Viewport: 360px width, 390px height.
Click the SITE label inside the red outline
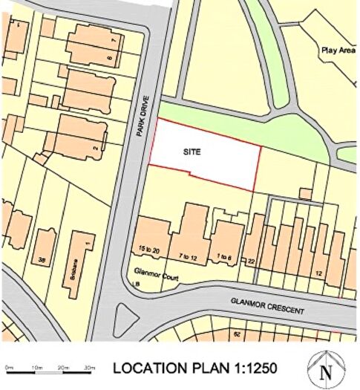(x=192, y=150)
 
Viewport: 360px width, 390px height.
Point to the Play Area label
(x=338, y=51)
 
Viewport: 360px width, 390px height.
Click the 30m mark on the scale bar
(x=90, y=368)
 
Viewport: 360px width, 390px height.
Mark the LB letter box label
(x=136, y=283)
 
